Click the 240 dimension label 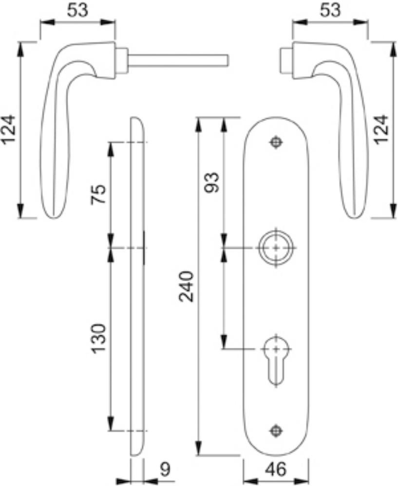point(187,286)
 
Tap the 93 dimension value point(213,182)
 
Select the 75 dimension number point(98,194)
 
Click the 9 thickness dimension point(166,469)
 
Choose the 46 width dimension point(276,469)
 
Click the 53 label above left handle point(77,10)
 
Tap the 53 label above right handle point(330,10)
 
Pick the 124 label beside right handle point(381,129)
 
